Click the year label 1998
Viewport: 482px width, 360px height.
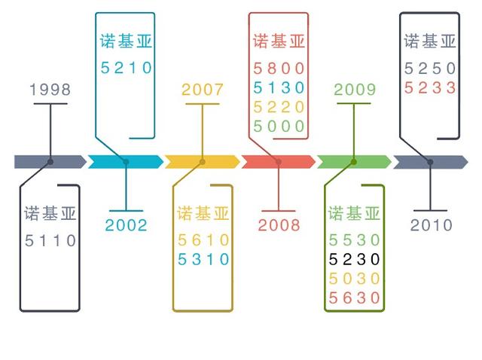(50, 90)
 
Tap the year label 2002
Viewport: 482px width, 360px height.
(126, 224)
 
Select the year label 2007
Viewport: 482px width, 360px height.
(203, 90)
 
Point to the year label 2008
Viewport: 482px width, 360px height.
(279, 224)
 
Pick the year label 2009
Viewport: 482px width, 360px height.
(355, 90)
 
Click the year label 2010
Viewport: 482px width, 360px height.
(432, 224)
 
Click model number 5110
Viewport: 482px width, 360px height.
(50, 241)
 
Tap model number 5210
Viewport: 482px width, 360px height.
(127, 68)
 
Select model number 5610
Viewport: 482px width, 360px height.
(203, 241)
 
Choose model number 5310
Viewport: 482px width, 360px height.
(203, 260)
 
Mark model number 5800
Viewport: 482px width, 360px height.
(279, 68)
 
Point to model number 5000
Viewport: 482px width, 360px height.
(279, 126)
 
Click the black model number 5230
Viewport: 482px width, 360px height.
(355, 260)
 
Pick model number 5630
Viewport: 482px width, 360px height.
(355, 297)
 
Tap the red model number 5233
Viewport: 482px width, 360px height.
(431, 87)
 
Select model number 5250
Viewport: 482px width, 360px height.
(431, 69)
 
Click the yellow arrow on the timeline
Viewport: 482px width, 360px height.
(203, 161)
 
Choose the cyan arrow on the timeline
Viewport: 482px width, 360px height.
(126, 161)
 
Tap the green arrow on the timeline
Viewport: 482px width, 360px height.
(354, 161)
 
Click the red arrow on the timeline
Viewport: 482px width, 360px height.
(278, 161)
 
